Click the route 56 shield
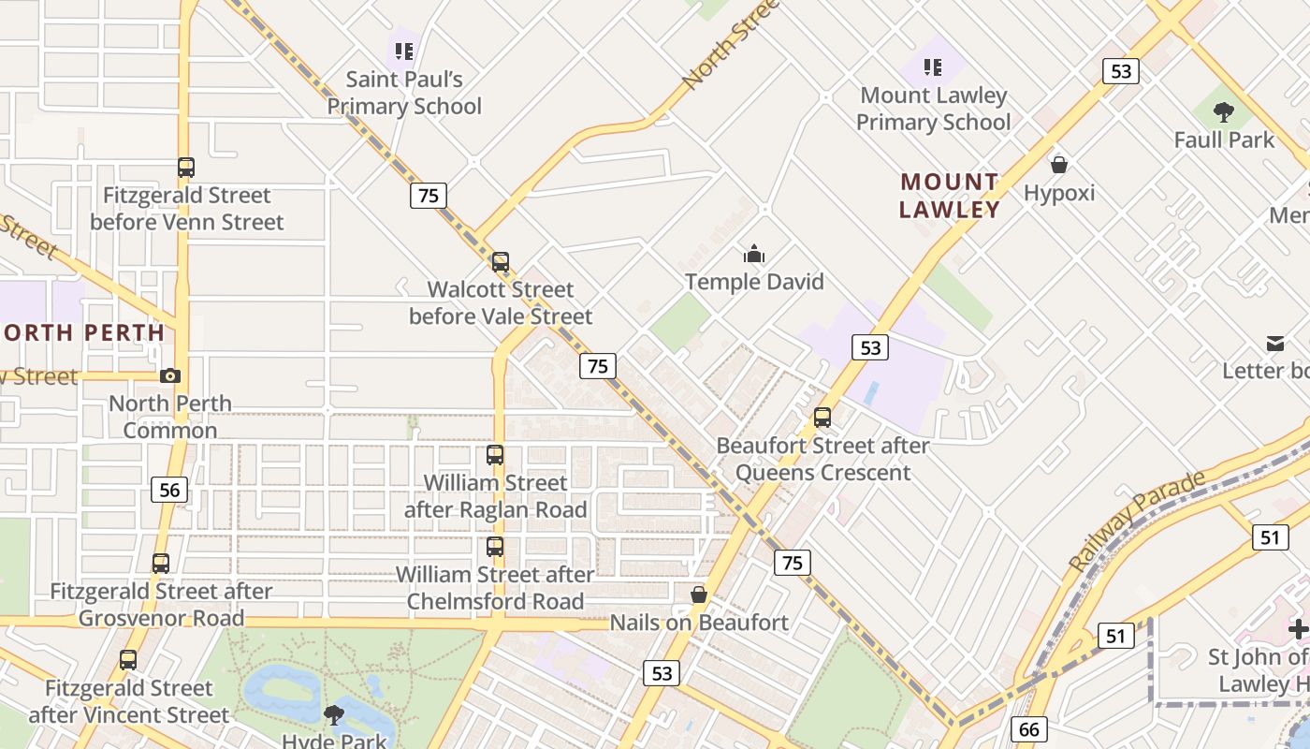point(169,490)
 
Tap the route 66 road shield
point(1028,729)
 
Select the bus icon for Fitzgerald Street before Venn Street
point(186,168)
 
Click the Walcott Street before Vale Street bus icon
point(501,262)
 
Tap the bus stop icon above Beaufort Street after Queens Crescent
point(822,418)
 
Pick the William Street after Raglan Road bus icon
point(495,456)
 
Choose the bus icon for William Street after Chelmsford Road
point(495,547)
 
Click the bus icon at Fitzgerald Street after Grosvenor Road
point(161,564)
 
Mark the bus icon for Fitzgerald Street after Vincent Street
point(128,660)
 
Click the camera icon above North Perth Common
point(169,375)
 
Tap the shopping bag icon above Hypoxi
point(1059,165)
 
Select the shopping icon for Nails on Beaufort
point(698,595)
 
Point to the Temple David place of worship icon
point(754,254)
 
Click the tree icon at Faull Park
point(1223,112)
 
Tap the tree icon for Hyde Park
point(333,716)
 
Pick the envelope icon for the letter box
point(1275,344)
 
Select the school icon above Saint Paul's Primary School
point(404,51)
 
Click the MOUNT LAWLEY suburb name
point(950,196)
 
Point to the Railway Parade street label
point(1138,521)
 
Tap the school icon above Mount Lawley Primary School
point(933,67)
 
